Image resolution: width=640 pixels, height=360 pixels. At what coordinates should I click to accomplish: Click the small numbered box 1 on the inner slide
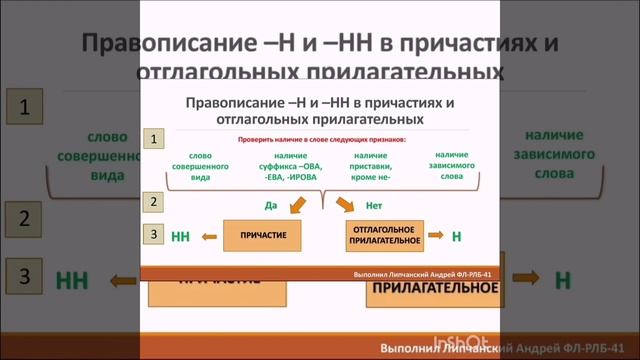point(153,140)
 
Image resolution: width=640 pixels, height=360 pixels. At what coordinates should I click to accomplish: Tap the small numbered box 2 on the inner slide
point(153,202)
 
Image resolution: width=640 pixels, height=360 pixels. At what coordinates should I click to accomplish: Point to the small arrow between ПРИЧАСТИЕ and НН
point(208,238)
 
